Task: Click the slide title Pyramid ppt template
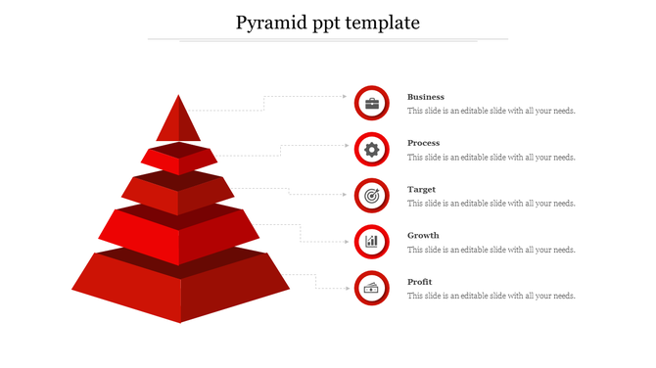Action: click(x=328, y=23)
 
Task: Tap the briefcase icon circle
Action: click(x=371, y=103)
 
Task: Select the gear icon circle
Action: click(x=371, y=150)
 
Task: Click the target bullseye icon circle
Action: click(x=371, y=196)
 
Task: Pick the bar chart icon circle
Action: click(x=371, y=242)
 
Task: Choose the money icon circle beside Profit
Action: click(x=371, y=288)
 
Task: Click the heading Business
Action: click(x=426, y=97)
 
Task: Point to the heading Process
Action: click(x=424, y=143)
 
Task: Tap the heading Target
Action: click(x=422, y=189)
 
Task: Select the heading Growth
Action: click(x=424, y=235)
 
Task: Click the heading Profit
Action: click(x=420, y=282)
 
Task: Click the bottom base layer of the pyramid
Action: click(x=181, y=288)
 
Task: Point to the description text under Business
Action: click(x=492, y=112)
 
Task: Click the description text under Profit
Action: click(x=492, y=296)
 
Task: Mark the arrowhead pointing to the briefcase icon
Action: click(x=346, y=97)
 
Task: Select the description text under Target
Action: click(x=492, y=204)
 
